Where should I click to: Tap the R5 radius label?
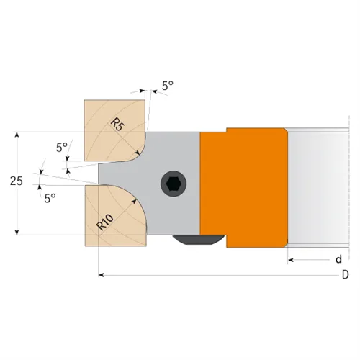tap(118, 123)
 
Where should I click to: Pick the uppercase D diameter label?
tap(345, 275)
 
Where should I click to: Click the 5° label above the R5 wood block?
tap(167, 85)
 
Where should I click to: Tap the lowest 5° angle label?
tap(50, 197)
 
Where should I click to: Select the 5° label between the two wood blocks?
tap(61, 147)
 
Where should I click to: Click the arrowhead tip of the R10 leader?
tap(135, 202)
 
